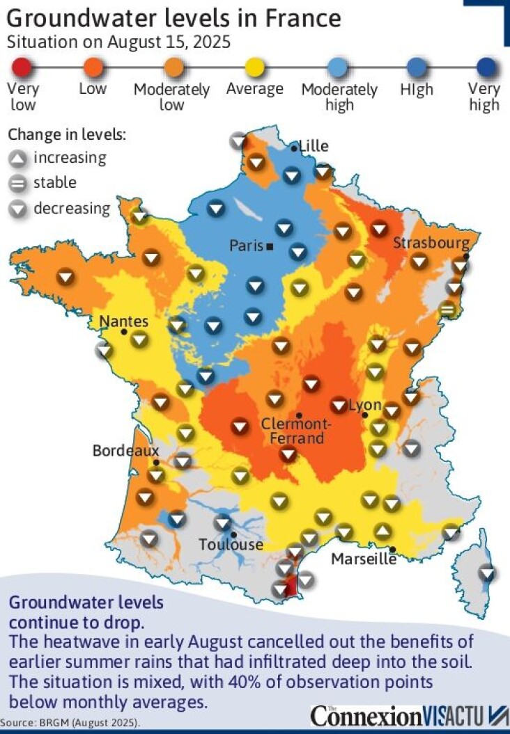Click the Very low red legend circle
coord(22,68)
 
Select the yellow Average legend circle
coord(255,68)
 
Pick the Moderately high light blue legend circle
coord(339,68)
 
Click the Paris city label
coord(246,246)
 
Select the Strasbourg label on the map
coord(431,243)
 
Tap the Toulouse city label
coord(231,545)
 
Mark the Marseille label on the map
coord(364,559)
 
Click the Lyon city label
coord(365,405)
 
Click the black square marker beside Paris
coord(270,246)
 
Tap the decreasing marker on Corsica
coord(488,573)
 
